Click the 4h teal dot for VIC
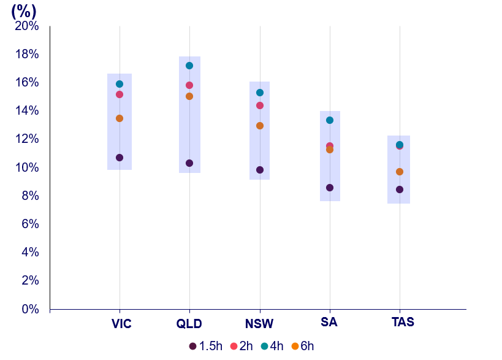point(120,84)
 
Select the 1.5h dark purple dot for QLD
point(189,163)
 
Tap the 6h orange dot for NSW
point(260,126)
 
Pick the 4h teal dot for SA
point(330,120)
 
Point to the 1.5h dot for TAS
point(400,190)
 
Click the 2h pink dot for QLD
point(189,85)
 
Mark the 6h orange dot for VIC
point(120,118)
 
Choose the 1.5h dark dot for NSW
point(260,170)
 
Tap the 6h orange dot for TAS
point(400,172)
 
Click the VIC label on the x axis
point(121,323)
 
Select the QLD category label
point(189,323)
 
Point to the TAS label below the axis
point(403,321)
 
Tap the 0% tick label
point(31,309)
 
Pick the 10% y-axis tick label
point(27,167)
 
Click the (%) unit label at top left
point(24,10)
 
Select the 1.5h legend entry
point(206,346)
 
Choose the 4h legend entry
point(272,346)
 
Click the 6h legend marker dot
point(295,346)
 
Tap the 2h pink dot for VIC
point(120,94)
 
